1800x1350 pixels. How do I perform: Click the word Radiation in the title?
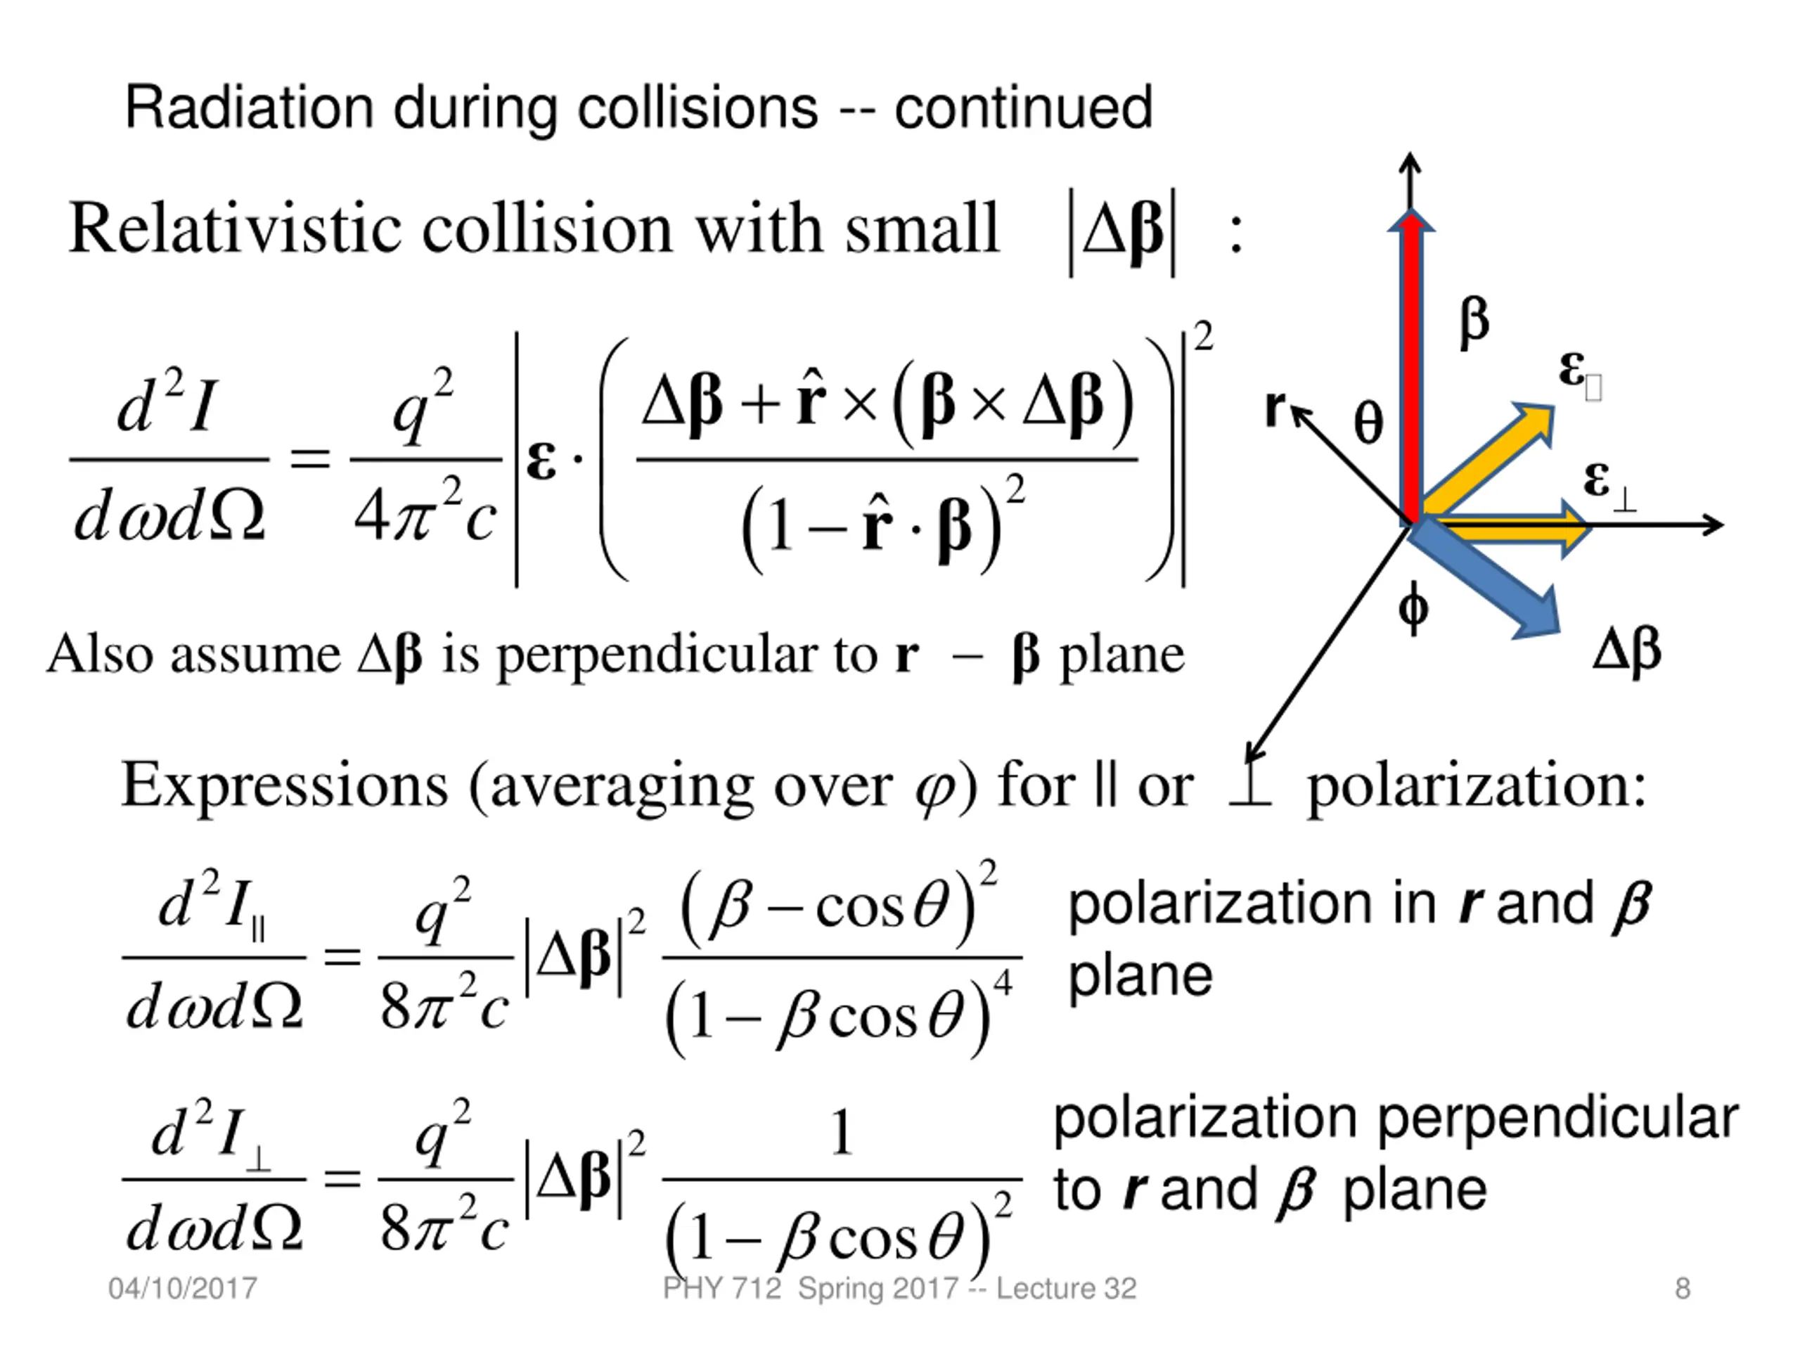click(x=249, y=108)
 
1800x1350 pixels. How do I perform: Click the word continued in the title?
click(x=1023, y=108)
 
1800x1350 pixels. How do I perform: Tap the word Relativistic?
click(x=236, y=229)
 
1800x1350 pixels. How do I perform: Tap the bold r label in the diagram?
click(x=1275, y=407)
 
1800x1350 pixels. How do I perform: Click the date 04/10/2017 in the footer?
click(x=182, y=1288)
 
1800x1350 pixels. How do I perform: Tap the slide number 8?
click(x=1683, y=1288)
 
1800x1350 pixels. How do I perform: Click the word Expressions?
click(x=284, y=786)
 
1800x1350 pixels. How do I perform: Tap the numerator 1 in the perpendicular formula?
click(x=842, y=1132)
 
